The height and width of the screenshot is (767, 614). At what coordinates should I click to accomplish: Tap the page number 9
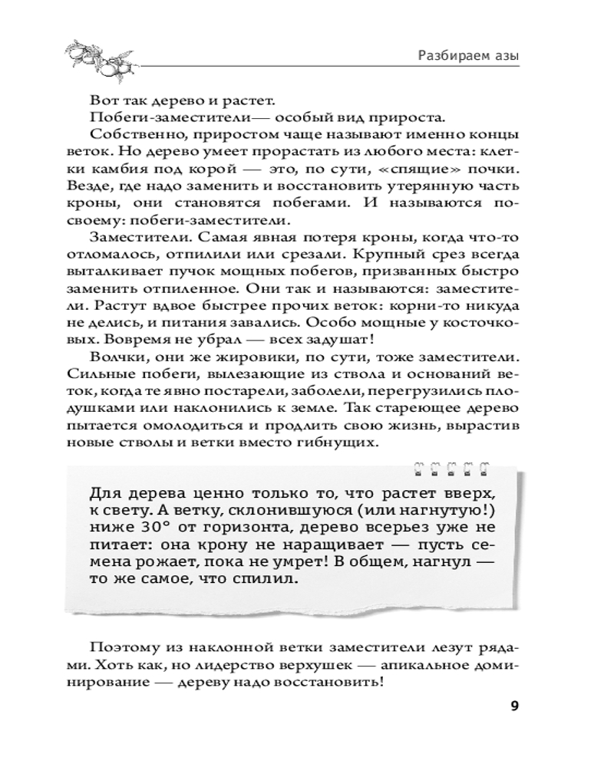pyautogui.click(x=513, y=706)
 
